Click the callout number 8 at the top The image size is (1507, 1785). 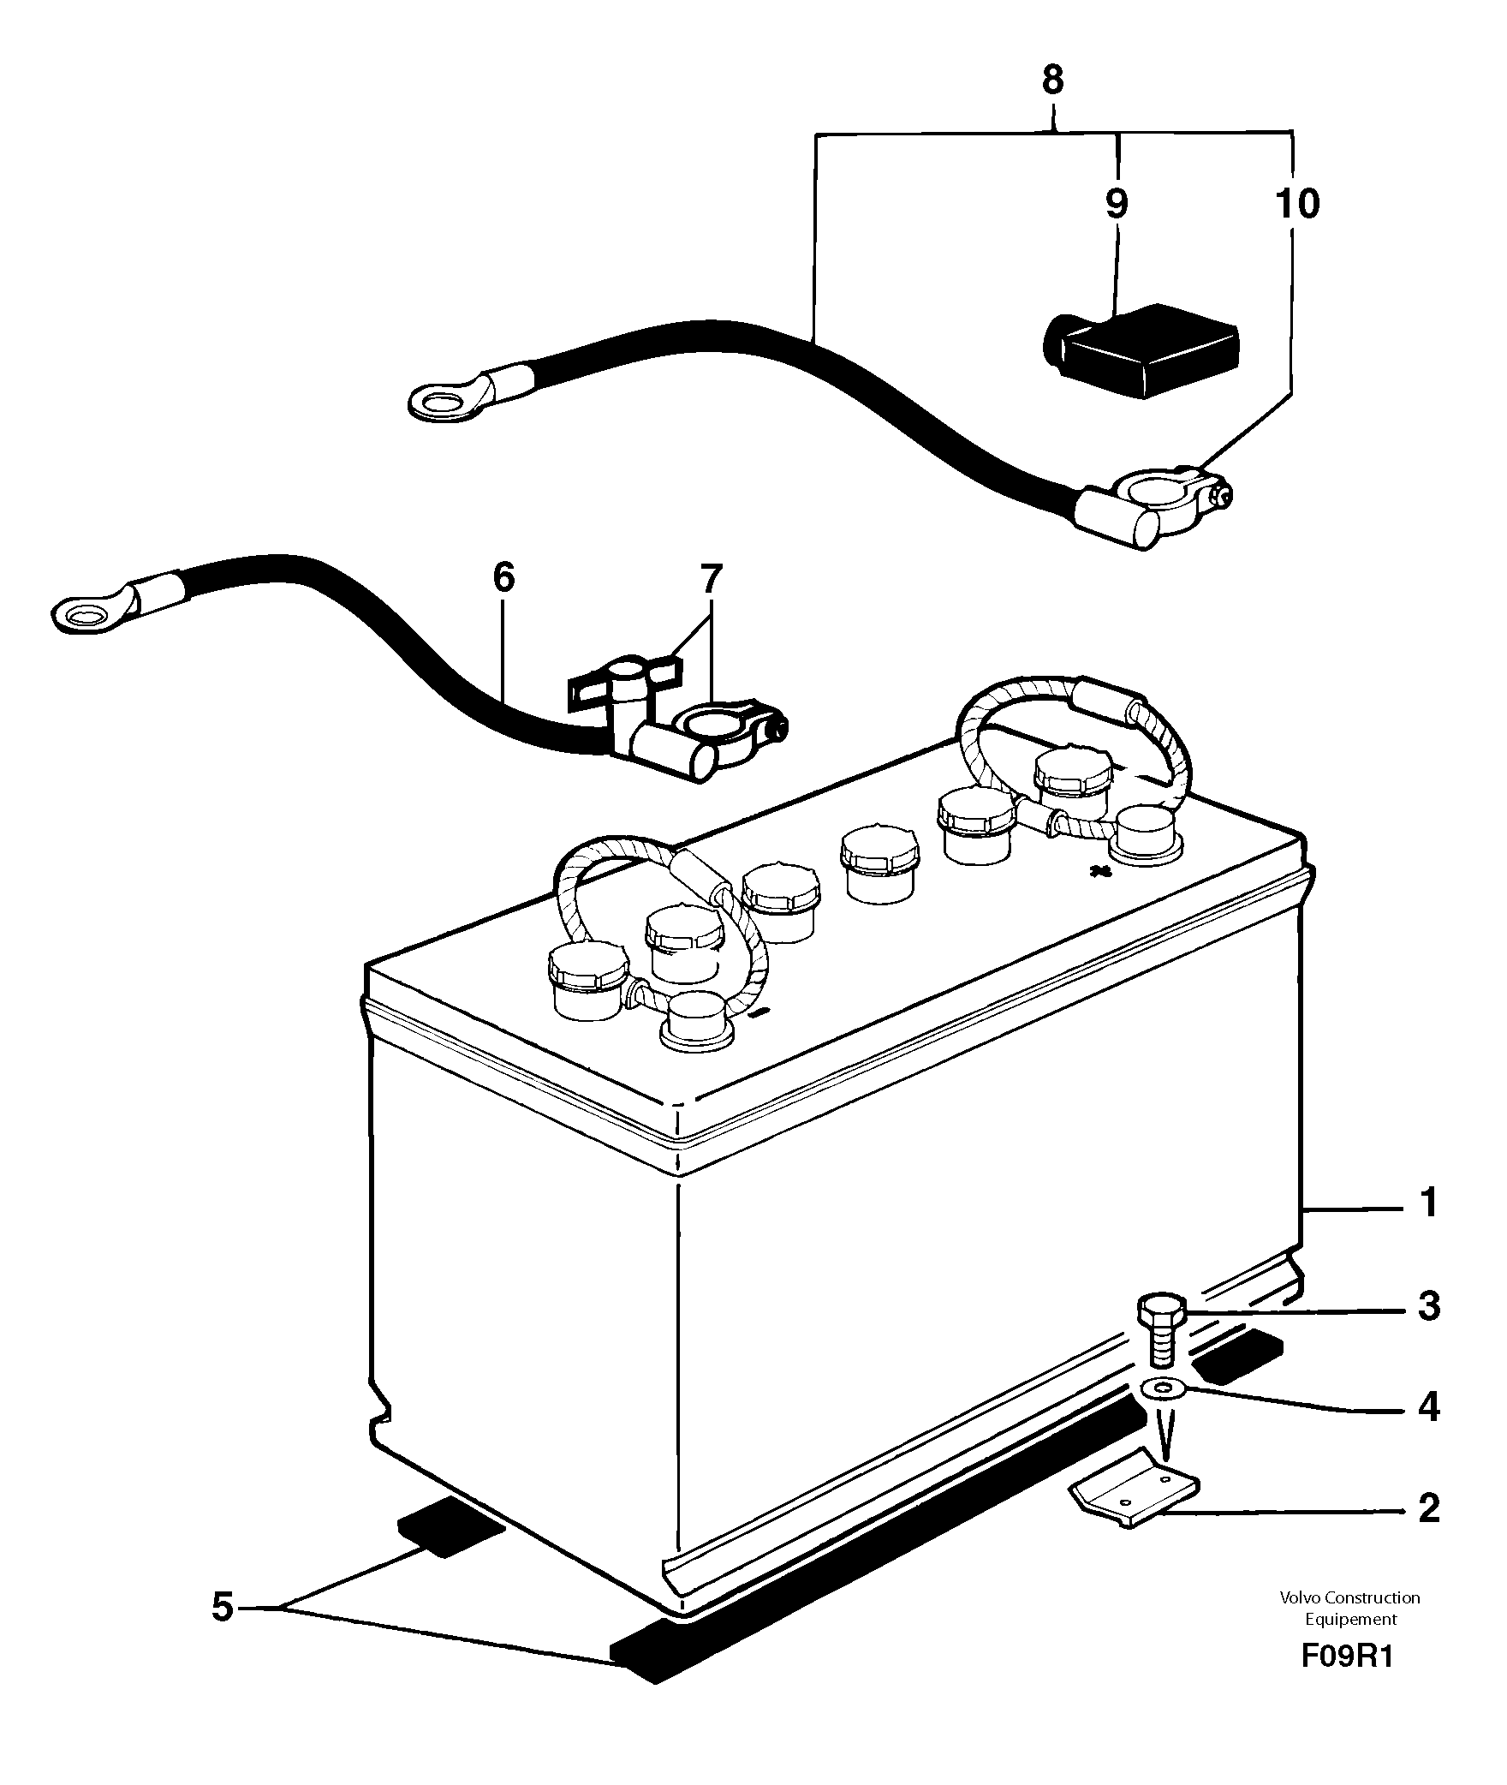pos(1052,81)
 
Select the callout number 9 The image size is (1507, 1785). pos(1117,204)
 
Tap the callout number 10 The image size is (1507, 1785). pos(1297,204)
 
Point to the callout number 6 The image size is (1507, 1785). pos(503,577)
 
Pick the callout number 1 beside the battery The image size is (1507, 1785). pos(1427,1203)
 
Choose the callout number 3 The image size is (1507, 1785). pos(1427,1307)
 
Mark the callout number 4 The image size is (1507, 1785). pos(1427,1407)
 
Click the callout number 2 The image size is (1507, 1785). pos(1427,1508)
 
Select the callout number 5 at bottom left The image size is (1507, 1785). pos(222,1607)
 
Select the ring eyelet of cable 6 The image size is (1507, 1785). pos(84,615)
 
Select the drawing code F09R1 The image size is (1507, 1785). pos(1347,1680)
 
